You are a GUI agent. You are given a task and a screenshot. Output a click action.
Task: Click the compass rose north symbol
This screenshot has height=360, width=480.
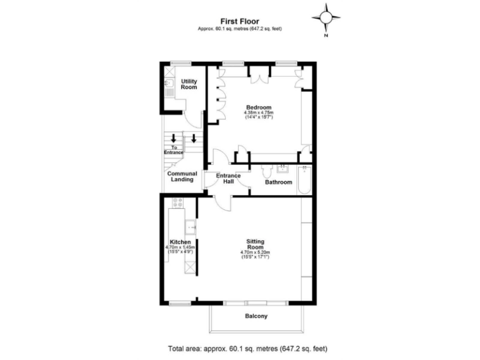pyautogui.click(x=326, y=17)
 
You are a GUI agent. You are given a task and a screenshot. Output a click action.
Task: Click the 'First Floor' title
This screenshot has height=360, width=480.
pyautogui.click(x=239, y=20)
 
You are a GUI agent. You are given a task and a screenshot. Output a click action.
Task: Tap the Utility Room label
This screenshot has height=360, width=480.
pyautogui.click(x=189, y=84)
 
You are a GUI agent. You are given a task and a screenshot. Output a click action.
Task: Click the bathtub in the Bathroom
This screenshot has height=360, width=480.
pyautogui.click(x=305, y=180)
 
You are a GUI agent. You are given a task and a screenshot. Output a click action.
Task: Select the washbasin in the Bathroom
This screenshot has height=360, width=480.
pyautogui.click(x=283, y=168)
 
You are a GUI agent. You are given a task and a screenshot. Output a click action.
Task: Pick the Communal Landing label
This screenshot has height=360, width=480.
pyautogui.click(x=182, y=177)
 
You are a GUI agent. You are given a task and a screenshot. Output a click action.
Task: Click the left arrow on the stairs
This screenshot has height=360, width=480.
pyautogui.click(x=174, y=139)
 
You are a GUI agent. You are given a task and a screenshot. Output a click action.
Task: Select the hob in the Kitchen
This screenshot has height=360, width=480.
pyautogui.click(x=177, y=203)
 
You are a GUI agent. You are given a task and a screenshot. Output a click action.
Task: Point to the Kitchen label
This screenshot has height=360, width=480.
pyautogui.click(x=181, y=242)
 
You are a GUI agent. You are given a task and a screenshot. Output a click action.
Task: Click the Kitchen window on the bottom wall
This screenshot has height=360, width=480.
pyautogui.click(x=179, y=303)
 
